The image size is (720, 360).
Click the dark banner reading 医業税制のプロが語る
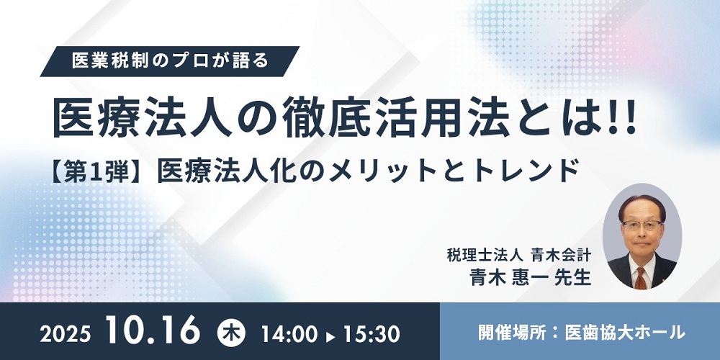[170, 61]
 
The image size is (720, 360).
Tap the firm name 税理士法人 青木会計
[518, 255]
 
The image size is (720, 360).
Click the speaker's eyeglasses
[642, 225]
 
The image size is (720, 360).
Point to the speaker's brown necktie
[641, 278]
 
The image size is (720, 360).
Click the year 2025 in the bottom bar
[66, 334]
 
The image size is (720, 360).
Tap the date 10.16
[153, 330]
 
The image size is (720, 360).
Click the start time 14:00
[289, 334]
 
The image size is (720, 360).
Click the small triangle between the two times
[330, 337]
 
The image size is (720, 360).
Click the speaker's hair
[642, 205]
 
